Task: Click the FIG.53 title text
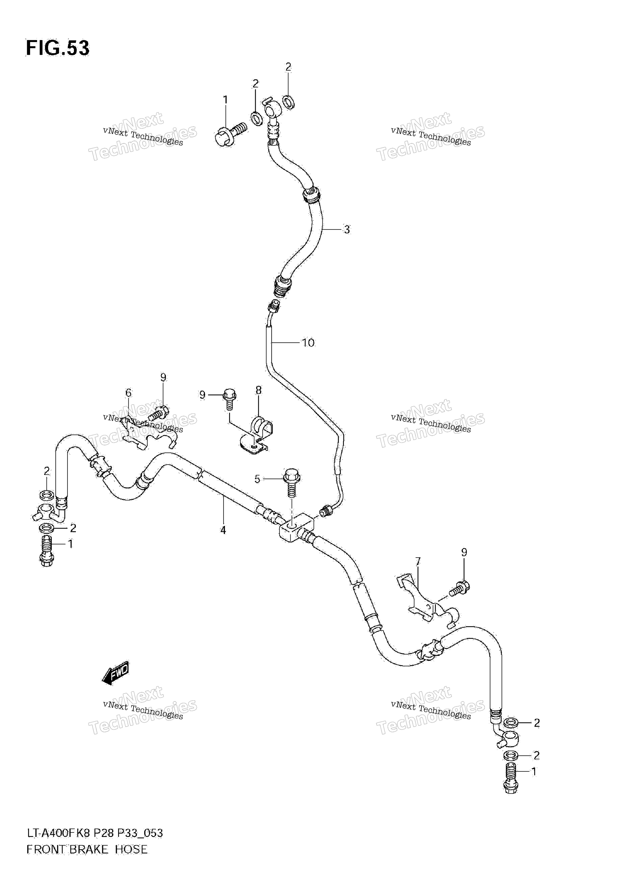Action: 58,49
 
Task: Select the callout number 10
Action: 308,343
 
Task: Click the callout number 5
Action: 257,479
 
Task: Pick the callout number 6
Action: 128,393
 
